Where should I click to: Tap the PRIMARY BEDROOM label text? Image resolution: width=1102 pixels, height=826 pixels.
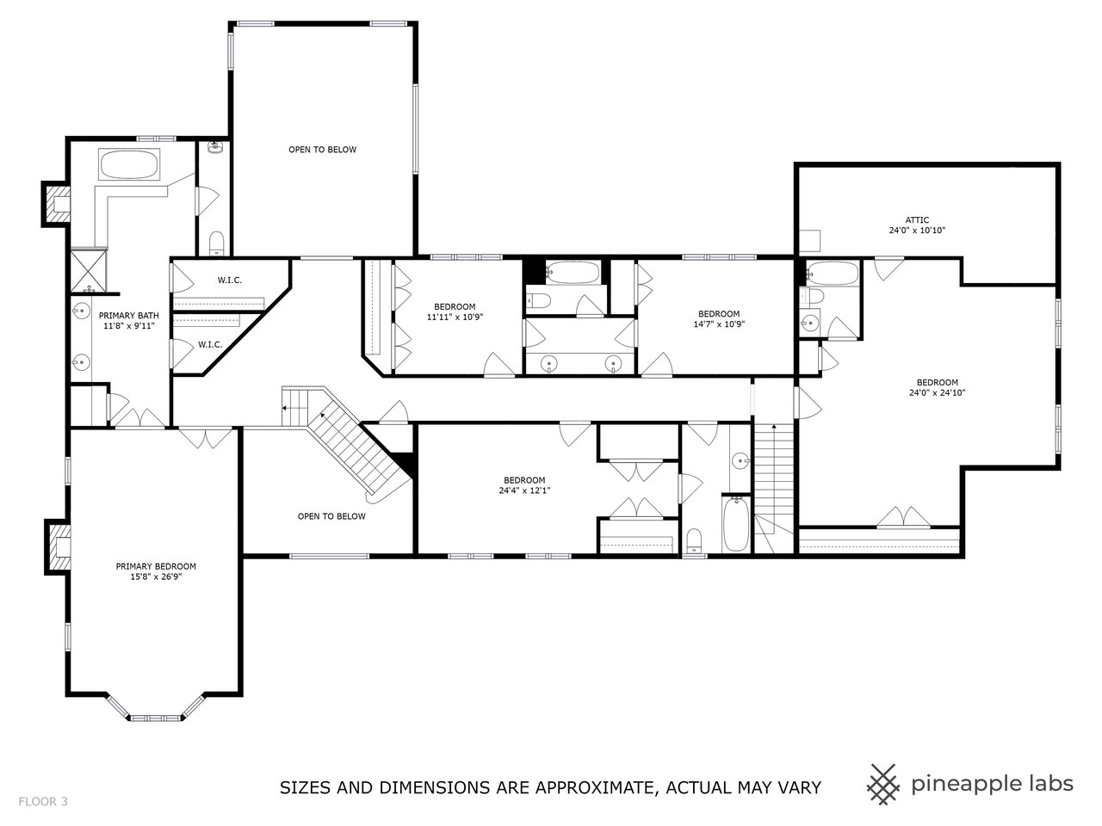(156, 566)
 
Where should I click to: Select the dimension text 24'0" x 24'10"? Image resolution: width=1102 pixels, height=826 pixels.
(937, 393)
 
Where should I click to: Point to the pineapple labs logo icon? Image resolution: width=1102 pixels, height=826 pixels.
(881, 783)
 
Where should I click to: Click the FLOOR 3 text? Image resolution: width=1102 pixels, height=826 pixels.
(43, 802)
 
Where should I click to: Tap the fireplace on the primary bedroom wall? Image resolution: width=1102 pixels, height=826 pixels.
(59, 547)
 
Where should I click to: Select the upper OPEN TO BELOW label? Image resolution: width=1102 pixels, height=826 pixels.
(322, 150)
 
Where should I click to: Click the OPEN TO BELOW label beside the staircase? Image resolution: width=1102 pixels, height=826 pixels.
(331, 516)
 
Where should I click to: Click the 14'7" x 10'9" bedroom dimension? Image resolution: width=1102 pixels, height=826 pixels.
(718, 324)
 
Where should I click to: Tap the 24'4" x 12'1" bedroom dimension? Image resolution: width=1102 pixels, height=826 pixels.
(524, 490)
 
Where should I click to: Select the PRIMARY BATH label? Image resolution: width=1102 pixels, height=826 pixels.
(128, 315)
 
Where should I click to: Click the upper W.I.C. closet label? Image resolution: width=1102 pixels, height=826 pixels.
(229, 280)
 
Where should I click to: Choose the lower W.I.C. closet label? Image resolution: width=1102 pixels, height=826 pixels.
(210, 344)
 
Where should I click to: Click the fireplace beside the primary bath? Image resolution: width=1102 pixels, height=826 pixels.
(59, 205)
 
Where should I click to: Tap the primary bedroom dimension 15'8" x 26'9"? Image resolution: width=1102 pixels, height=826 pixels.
(156, 577)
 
